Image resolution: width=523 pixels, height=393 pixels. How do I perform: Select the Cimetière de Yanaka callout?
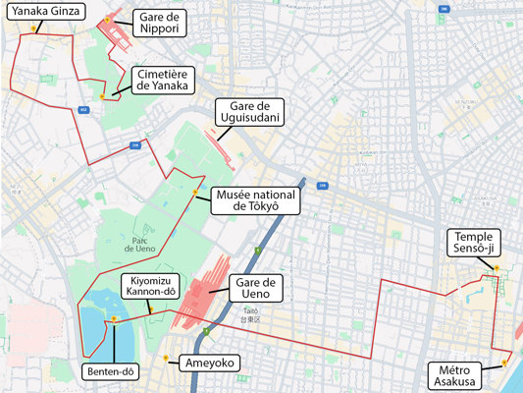pos(164,80)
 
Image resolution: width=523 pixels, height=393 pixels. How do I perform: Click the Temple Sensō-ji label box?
pos(474,242)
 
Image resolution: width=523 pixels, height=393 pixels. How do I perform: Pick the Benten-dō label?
pos(112,372)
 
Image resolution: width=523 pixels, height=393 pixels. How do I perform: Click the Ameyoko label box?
pos(209,364)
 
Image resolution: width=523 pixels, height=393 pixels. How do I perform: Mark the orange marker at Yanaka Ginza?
pos(33,28)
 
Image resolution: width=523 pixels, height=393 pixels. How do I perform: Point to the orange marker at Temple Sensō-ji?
pos(497,267)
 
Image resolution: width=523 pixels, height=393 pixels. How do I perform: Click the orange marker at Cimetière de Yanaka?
pos(102,96)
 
